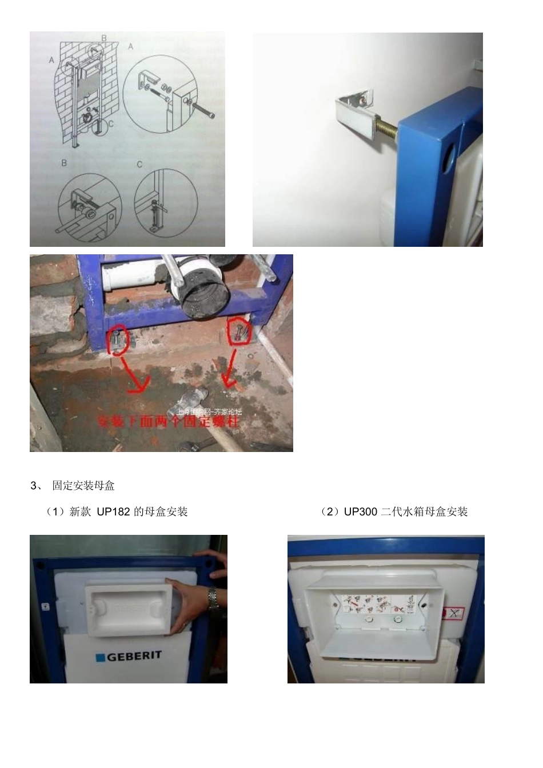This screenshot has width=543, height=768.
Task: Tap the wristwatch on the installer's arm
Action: [x=213, y=598]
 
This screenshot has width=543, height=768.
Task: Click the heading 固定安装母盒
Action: [x=83, y=486]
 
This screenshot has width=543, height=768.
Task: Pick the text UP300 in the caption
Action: [x=360, y=512]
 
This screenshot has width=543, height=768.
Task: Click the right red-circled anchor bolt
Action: [x=239, y=333]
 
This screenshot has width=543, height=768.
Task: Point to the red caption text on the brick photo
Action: [x=169, y=422]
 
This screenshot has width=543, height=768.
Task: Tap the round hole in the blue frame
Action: [x=450, y=154]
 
